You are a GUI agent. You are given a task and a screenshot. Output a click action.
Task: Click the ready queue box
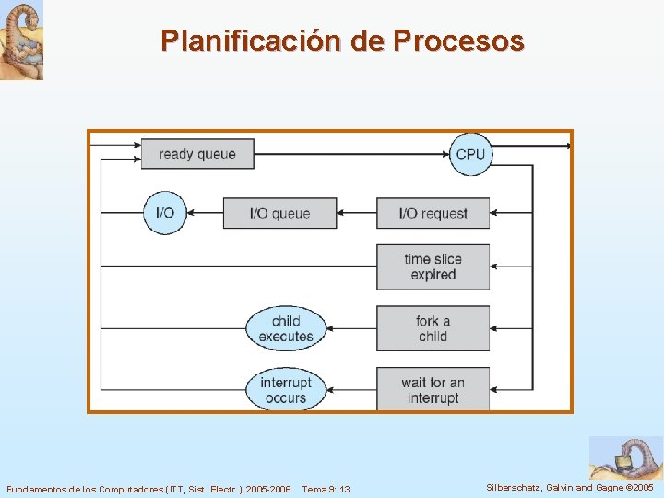(196, 154)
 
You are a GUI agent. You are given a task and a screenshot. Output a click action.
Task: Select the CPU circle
(469, 154)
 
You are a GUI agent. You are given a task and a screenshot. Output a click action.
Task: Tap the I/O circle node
(165, 213)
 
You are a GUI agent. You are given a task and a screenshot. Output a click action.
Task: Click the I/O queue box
(279, 213)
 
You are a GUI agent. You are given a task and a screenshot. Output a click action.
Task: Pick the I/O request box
(433, 213)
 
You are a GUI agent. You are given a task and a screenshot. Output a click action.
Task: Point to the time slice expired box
(433, 267)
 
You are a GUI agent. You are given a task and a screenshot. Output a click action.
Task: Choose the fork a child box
(433, 328)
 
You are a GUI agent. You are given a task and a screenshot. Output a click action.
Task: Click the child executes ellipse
(286, 328)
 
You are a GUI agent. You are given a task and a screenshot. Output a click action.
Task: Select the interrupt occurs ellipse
(286, 390)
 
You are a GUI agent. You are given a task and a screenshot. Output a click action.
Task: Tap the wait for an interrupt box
(433, 390)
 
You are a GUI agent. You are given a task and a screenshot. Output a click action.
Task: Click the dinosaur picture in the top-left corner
(21, 40)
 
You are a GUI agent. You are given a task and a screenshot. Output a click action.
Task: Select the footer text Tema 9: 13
(326, 488)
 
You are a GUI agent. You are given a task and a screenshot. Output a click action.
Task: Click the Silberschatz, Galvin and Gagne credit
(569, 487)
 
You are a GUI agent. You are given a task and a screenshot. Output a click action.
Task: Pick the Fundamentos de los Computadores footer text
(148, 488)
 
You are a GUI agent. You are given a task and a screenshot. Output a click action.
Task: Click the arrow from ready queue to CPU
(350, 154)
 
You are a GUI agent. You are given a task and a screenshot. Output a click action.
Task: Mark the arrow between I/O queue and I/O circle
(205, 213)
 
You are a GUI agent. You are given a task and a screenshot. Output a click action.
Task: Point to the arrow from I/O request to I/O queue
(356, 213)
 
